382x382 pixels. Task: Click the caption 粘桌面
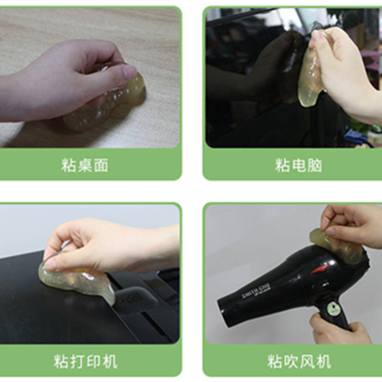tap(85, 166)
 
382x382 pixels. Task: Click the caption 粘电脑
tap(298, 166)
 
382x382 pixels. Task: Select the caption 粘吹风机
tap(298, 361)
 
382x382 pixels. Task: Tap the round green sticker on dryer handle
tap(334, 309)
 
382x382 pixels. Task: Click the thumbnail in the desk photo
tap(129, 72)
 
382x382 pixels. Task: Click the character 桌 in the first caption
tap(85, 166)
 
